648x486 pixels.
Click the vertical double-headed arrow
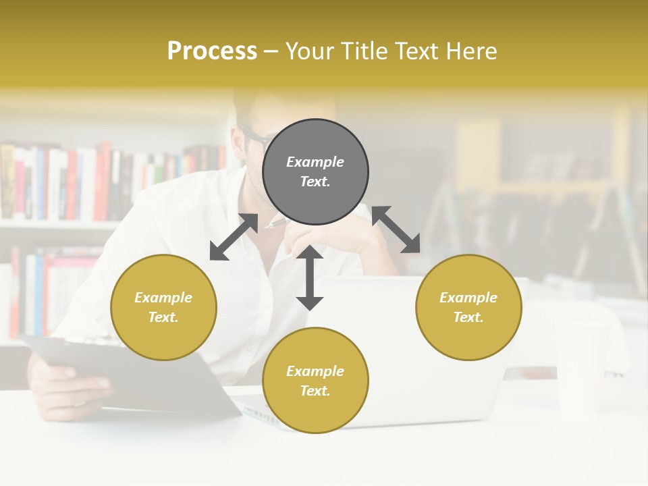[310, 277]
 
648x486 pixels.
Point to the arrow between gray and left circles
[234, 237]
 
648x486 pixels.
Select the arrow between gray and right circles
[396, 230]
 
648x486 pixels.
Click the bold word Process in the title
[212, 51]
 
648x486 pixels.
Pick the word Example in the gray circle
[315, 162]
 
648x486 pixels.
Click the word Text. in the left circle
[163, 317]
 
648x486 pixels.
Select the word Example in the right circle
[468, 298]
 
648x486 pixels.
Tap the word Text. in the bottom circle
[315, 391]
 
